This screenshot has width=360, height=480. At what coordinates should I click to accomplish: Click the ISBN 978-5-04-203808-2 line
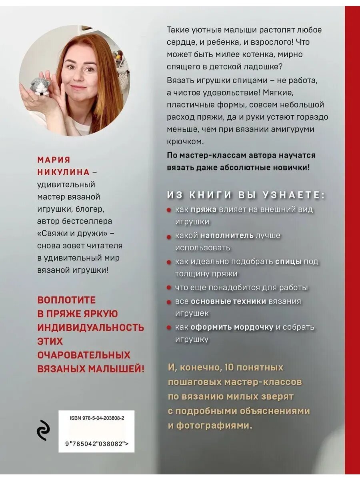click(97, 418)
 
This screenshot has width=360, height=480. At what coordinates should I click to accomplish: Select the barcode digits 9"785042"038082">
click(96, 443)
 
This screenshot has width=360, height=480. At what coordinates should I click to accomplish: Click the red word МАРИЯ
click(54, 160)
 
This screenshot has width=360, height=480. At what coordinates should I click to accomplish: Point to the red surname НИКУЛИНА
click(64, 172)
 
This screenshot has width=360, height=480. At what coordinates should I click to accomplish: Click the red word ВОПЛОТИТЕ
click(67, 300)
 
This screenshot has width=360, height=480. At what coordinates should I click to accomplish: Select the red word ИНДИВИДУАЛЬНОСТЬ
click(91, 327)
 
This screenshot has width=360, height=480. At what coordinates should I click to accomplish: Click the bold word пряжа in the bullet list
click(204, 209)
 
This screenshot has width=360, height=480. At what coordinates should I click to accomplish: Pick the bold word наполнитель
click(227, 235)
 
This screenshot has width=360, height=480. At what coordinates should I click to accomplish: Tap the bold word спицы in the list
click(288, 261)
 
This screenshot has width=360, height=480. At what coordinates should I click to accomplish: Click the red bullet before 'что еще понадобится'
click(169, 288)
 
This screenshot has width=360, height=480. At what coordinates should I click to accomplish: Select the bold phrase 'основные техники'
click(228, 301)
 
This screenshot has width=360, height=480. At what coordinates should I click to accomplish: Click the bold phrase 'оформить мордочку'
click(232, 327)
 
